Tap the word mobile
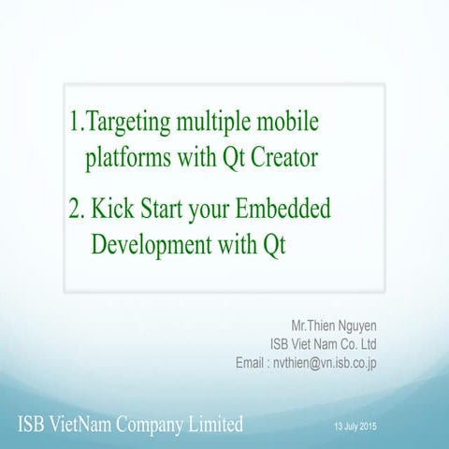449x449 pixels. click(x=294, y=123)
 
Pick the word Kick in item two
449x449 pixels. click(x=108, y=210)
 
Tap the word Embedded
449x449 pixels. click(x=289, y=210)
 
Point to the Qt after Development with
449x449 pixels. click(x=273, y=245)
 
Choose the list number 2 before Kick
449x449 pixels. click(x=77, y=210)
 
